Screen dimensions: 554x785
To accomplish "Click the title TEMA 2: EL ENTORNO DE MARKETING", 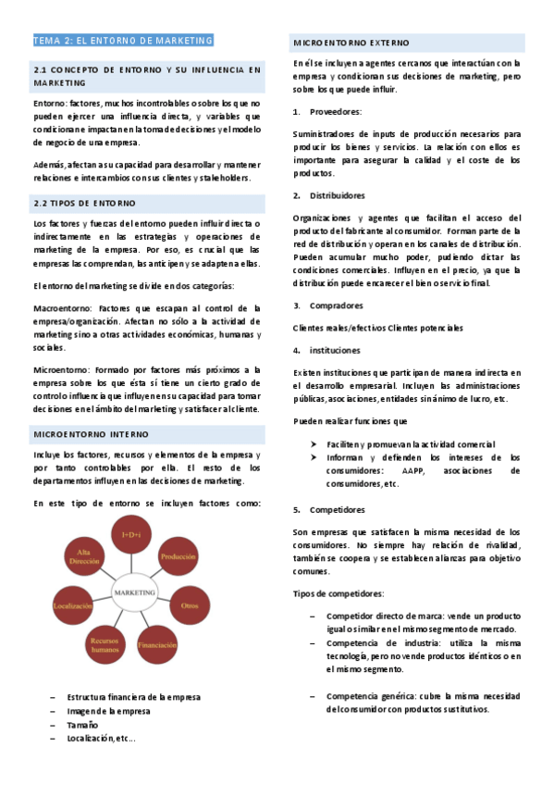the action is pyautogui.click(x=123, y=41).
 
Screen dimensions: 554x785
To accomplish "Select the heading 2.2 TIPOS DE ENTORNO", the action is pyautogui.click(x=84, y=202).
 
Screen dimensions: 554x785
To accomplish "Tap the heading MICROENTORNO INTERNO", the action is pyautogui.click(x=91, y=433).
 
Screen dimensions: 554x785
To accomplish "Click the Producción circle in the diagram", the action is pyautogui.click(x=178, y=558).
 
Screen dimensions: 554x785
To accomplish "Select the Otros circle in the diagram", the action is pyautogui.click(x=191, y=604).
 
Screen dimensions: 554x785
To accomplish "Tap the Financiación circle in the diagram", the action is pyautogui.click(x=157, y=643).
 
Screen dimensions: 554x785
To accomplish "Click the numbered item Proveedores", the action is pyautogui.click(x=336, y=112).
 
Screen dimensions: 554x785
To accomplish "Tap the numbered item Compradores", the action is pyautogui.click(x=336, y=305).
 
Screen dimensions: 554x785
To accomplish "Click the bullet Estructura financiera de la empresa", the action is pyautogui.click(x=134, y=697).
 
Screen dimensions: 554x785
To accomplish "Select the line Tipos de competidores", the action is pyautogui.click(x=339, y=593).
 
